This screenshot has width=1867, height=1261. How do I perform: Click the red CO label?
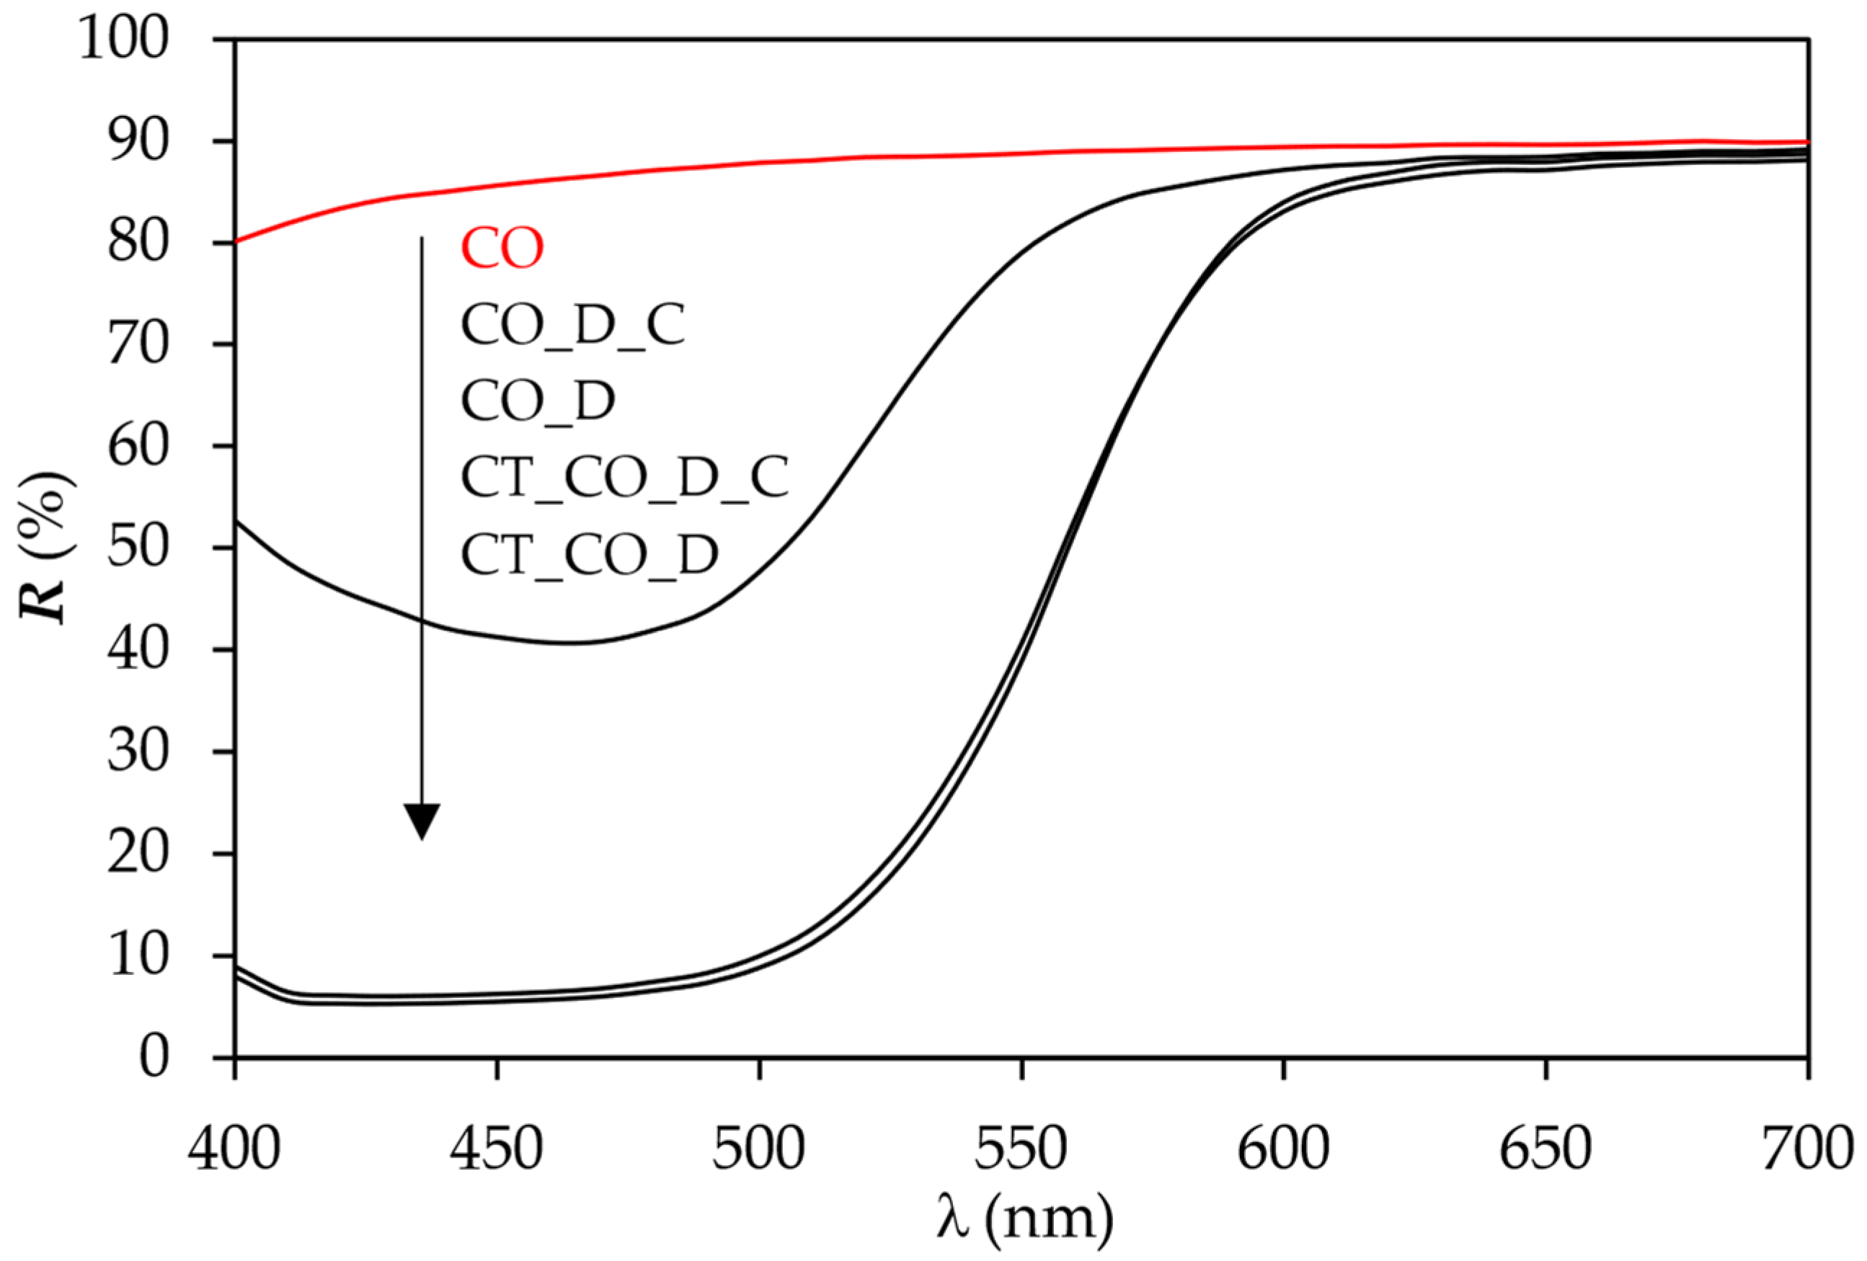point(502,248)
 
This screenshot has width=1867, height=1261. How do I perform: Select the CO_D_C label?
point(572,325)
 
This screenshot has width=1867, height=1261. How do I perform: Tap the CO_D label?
point(538,401)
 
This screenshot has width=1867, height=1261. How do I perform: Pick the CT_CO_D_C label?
point(624,477)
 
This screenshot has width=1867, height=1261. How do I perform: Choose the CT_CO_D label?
point(589,553)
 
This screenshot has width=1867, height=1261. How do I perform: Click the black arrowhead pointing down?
point(422,820)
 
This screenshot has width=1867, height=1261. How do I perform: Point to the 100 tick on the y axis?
point(125,40)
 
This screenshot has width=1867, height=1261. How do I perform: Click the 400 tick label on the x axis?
point(234,1149)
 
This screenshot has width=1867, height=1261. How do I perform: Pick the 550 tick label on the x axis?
point(1020,1149)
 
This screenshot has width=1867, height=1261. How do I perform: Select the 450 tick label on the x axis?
point(497,1149)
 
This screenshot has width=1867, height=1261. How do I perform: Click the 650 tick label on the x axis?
point(1545,1149)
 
